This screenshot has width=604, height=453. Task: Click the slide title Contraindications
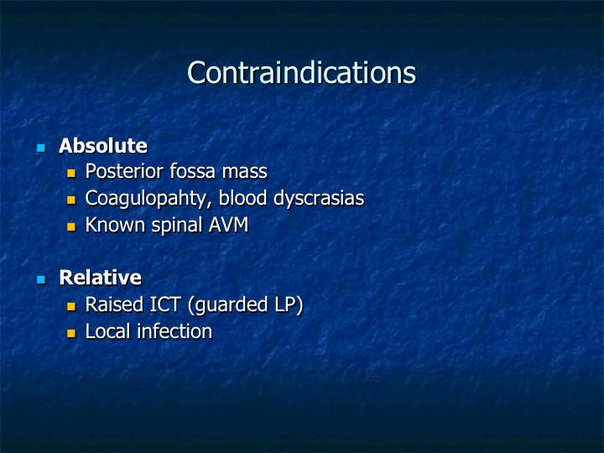[x=302, y=72]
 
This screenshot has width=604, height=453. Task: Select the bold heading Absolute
[x=103, y=146]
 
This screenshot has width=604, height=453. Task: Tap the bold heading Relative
[x=100, y=278]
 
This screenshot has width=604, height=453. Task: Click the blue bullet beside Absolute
[x=41, y=148]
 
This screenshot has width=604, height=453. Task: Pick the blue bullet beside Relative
[x=41, y=279]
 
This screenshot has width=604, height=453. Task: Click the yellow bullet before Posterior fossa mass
[x=71, y=173]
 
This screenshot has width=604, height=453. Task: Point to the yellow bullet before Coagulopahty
[x=71, y=200]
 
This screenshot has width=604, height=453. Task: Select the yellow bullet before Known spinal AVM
[x=71, y=226]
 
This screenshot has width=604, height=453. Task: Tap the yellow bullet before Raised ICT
[x=71, y=306]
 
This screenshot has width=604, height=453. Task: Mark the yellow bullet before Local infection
[x=71, y=333]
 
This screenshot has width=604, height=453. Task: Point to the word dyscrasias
[x=319, y=199]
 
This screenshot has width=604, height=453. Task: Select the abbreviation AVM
[x=228, y=225]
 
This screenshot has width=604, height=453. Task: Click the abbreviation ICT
[x=165, y=305]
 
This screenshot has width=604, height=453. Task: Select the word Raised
[x=114, y=305]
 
